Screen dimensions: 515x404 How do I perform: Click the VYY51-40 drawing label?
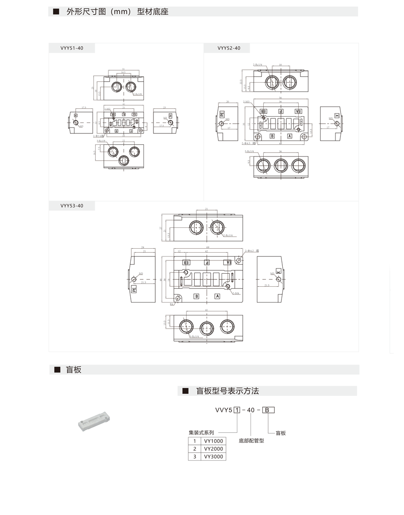[x=72, y=48]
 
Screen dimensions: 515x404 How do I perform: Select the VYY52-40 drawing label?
[x=229, y=48]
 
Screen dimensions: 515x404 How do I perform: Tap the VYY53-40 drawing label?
[x=72, y=206]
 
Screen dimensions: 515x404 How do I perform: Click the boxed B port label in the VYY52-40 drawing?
[x=272, y=136]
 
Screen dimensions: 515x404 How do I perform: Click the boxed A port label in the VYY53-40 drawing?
[x=217, y=296]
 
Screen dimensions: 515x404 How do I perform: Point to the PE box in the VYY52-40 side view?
[x=222, y=115]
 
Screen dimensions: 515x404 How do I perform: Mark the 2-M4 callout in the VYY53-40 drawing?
[x=236, y=294]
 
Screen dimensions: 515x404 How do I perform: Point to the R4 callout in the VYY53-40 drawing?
[x=172, y=304]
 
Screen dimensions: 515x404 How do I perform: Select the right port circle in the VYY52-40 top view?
[x=289, y=82]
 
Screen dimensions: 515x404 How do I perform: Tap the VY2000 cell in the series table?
[x=213, y=449]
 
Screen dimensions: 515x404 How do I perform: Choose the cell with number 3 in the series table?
[x=194, y=456]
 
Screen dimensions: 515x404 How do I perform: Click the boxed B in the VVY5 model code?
[x=269, y=410]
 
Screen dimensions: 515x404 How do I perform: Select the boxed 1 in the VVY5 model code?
[x=236, y=410]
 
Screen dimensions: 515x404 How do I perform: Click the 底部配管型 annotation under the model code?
[x=251, y=440]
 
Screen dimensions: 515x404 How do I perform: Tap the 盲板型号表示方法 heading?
[x=227, y=391]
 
